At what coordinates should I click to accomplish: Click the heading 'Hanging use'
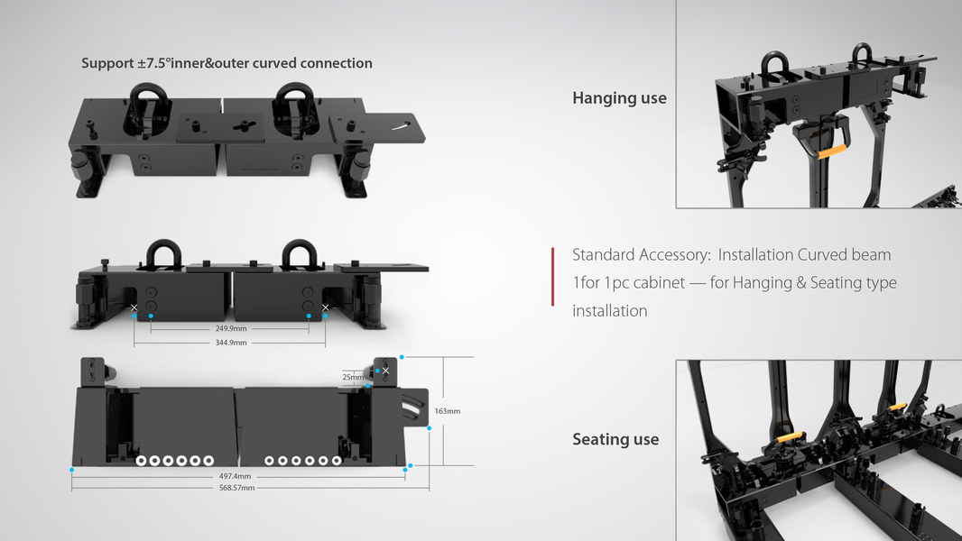click(619, 97)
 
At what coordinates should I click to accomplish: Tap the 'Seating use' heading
click(615, 439)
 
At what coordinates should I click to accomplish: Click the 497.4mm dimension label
click(235, 475)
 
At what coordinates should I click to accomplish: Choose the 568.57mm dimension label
click(236, 488)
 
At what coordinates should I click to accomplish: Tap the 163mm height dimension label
click(448, 411)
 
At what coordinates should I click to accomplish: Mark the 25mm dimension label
click(353, 377)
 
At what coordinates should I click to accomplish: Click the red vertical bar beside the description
click(552, 276)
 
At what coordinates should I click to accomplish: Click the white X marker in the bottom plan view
click(385, 371)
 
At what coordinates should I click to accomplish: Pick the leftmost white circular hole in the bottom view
click(142, 461)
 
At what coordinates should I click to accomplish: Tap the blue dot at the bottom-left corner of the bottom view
click(71, 470)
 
